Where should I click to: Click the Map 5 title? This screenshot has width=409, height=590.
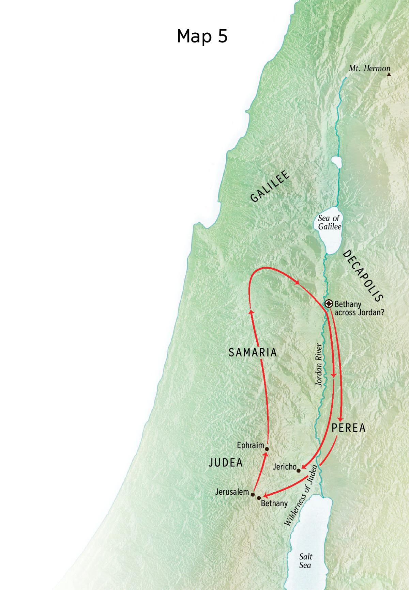[x=202, y=36]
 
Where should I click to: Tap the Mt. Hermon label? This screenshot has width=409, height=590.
[x=369, y=68]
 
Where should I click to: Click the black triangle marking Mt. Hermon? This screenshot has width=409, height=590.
[x=389, y=74]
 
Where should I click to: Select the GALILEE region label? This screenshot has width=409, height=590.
[x=270, y=186]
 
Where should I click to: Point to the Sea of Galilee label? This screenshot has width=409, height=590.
[x=329, y=222]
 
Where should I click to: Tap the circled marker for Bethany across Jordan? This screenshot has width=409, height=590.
[x=329, y=304]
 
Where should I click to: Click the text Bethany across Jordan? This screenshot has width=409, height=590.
[x=359, y=308]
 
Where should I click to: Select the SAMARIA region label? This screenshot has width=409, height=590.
[x=253, y=352]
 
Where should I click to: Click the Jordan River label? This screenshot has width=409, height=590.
[x=319, y=365]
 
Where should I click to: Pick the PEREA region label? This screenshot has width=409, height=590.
[x=348, y=428]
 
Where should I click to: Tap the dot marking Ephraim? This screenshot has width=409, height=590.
[x=267, y=449]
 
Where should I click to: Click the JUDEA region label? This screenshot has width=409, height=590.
[x=225, y=462]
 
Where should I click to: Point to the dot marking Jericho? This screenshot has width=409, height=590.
[x=299, y=471]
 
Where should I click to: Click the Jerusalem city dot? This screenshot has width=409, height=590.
[x=253, y=494]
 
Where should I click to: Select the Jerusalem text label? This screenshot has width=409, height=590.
[x=232, y=492]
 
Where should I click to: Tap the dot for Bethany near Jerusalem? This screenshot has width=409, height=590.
[x=259, y=498]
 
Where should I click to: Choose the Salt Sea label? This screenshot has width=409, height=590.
[x=305, y=561]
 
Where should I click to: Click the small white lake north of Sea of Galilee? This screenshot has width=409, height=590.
[x=336, y=162]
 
